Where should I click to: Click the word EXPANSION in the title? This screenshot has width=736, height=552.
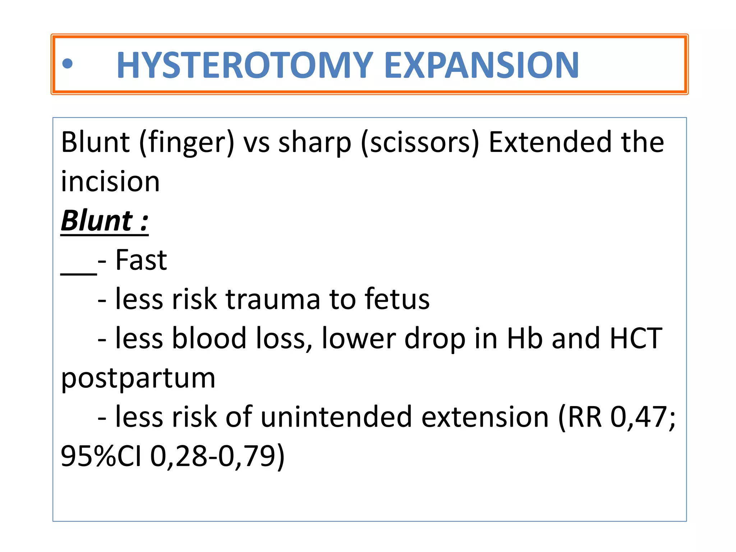click(x=482, y=65)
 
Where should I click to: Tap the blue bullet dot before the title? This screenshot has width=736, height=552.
click(x=67, y=64)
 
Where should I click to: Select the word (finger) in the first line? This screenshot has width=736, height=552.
click(x=187, y=143)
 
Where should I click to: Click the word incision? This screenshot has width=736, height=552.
click(x=110, y=181)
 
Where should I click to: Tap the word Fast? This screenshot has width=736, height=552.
click(x=141, y=260)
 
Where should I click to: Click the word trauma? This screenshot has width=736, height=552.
click(x=273, y=300)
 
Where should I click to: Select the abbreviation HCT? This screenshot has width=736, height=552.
click(x=636, y=339)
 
